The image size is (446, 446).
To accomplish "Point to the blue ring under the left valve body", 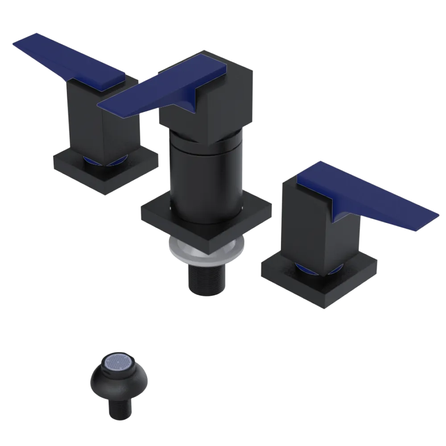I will [x=89, y=160].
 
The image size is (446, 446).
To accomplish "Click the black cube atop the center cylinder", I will [x=223, y=103].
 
